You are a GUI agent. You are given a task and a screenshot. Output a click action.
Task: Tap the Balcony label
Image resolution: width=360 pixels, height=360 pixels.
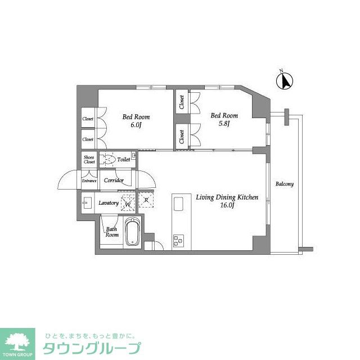point(285,184)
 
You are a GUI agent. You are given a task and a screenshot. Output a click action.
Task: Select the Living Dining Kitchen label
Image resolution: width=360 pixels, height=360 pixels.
point(227,197)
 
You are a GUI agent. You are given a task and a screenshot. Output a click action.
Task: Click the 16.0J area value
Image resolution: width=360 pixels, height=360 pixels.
point(227,206)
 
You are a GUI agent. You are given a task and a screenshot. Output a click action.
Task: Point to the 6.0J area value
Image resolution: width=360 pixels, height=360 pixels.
point(136,125)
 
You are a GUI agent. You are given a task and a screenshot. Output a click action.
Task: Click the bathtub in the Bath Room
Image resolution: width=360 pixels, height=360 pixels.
point(130,232)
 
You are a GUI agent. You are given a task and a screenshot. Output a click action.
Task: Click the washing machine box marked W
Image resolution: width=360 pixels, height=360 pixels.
point(128,203)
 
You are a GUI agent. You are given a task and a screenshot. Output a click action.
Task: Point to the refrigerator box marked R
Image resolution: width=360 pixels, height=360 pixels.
point(146,200)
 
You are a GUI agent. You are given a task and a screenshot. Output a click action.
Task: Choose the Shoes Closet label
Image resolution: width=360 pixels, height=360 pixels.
point(89,160)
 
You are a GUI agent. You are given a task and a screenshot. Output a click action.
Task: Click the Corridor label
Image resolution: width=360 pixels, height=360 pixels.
point(114,181)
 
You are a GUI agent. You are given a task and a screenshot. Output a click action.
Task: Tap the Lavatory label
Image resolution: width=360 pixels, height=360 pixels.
point(109,202)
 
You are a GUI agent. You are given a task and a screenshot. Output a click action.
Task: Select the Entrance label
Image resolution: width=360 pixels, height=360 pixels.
point(89,181)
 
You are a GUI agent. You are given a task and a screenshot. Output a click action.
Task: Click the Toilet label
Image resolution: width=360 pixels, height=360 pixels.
point(123,160)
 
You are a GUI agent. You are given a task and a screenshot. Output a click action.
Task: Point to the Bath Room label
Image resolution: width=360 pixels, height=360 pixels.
point(112,232)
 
